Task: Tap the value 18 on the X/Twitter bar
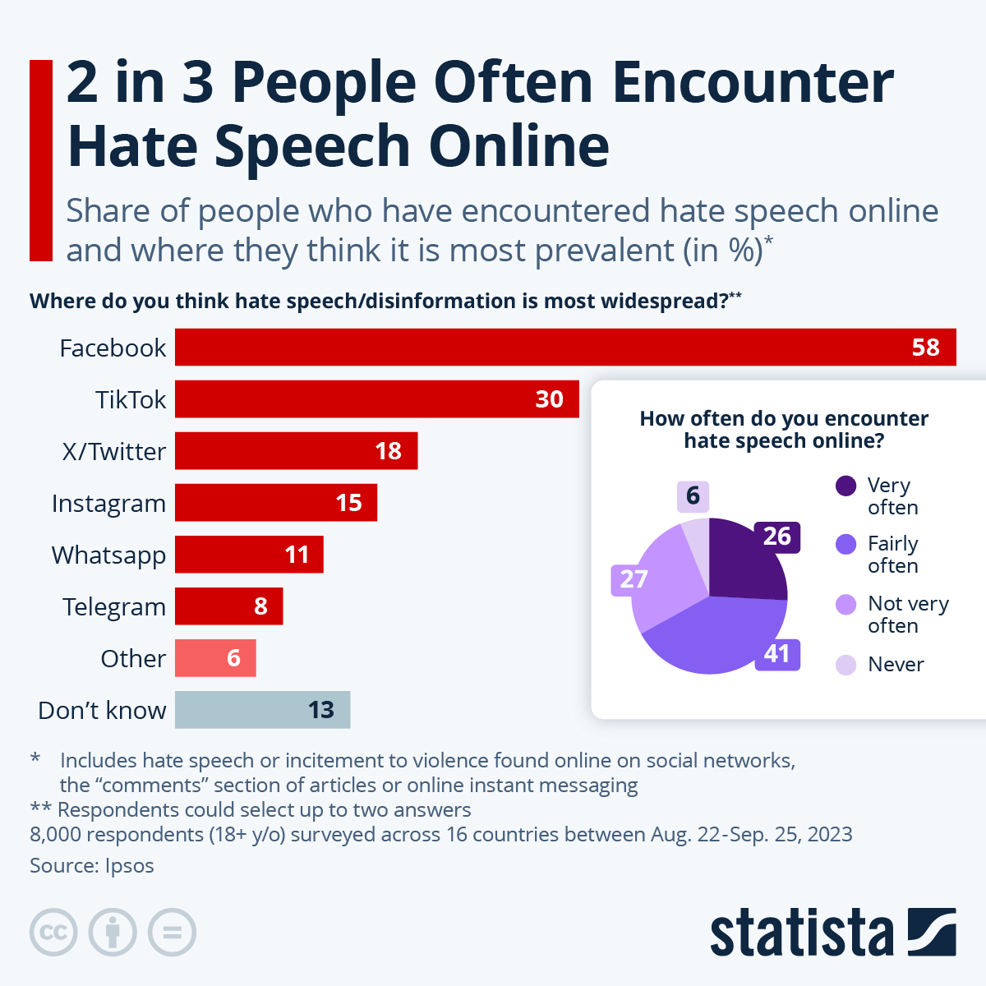point(388,451)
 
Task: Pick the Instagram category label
point(108,503)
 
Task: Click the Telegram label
point(114,606)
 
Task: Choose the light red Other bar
point(215,658)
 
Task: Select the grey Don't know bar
point(262,710)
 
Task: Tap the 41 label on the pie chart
point(777,653)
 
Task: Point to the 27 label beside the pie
point(633,579)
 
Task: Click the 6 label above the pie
point(693,495)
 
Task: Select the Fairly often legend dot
point(846,545)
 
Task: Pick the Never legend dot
point(846,665)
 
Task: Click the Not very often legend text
point(908,615)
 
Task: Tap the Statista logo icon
point(932,933)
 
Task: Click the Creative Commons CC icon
point(54,933)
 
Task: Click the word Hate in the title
point(132,146)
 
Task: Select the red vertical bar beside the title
point(41,160)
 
